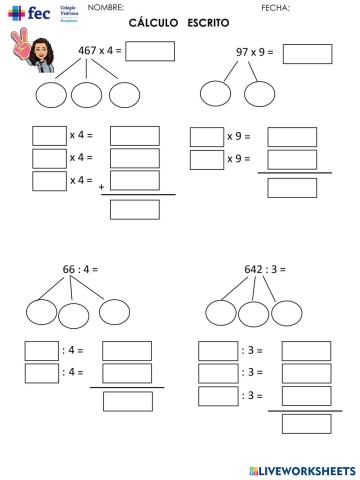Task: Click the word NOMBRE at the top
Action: pos(106,8)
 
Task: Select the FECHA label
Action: pos(274,8)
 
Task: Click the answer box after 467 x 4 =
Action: pos(150,51)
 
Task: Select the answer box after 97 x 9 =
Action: pos(307,53)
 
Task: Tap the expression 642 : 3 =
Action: pos(263,270)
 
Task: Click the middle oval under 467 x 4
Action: pos(88,94)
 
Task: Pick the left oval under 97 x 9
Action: pos(215,93)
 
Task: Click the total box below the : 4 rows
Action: pos(127,400)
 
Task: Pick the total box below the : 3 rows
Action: pos(306,422)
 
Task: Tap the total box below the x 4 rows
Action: pos(134,209)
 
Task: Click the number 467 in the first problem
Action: pos(92,51)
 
